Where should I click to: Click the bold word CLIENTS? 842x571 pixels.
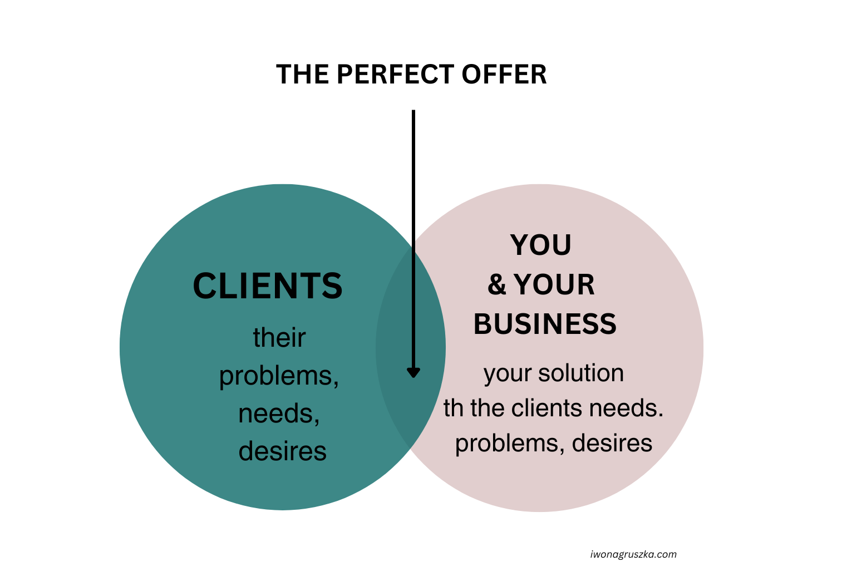click(268, 287)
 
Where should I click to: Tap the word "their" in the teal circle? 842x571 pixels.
click(279, 338)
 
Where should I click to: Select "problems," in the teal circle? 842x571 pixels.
click(279, 376)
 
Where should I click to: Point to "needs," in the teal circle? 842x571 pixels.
click(279, 414)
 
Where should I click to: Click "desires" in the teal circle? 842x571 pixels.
click(282, 451)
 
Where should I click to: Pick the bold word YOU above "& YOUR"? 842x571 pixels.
click(541, 245)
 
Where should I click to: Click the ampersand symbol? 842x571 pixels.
click(496, 285)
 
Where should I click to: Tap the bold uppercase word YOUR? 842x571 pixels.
click(554, 285)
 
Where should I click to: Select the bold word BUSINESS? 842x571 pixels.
click(545, 324)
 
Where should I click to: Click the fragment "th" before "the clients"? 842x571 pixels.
click(454, 408)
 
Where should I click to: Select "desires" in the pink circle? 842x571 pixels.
click(612, 444)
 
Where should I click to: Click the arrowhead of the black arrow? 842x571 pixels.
click(413, 372)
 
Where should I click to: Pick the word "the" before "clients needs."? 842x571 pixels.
click(488, 408)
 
